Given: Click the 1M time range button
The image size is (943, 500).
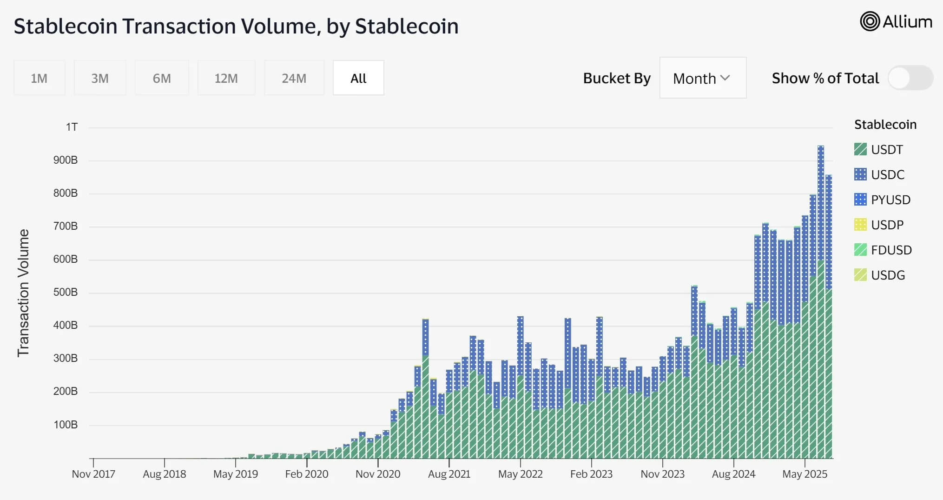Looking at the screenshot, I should pos(39,78).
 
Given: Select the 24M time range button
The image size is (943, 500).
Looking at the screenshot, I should pos(294,78).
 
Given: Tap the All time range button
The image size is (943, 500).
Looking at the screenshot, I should pos(358,78).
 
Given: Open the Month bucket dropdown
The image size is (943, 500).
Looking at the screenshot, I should pos(702,78).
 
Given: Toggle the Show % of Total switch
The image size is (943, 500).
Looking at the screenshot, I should pos(910,78).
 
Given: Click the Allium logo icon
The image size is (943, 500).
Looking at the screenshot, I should pos(870,22).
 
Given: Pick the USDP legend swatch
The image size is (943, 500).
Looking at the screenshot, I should pos(860,225).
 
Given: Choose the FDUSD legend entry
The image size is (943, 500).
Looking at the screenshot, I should pos(891,250).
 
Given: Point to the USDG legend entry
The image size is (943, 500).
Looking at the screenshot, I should pos(888,275).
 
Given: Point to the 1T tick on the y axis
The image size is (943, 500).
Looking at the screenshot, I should pos(72,127).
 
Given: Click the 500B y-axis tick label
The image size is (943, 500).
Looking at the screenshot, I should pos(66,292).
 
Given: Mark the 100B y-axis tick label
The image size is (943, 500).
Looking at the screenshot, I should pos(66,425).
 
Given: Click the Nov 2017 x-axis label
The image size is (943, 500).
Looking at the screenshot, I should pos(93,474).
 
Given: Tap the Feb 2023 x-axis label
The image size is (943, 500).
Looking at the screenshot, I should pos(591,474).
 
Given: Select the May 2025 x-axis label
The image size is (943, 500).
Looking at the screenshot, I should pos(805,474).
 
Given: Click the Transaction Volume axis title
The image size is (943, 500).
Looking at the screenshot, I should pos(23,293).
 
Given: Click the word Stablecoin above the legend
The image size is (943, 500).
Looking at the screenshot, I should pos(885,125).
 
